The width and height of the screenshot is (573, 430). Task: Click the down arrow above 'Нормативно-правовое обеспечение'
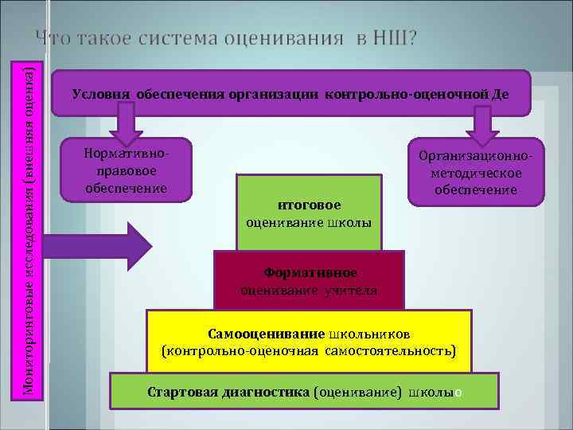pos(124,123)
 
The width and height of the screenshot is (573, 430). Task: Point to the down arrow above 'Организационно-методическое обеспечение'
pos(480,123)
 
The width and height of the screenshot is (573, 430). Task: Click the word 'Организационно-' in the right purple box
pos(476,158)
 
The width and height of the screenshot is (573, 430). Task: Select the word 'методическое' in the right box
pos(476,174)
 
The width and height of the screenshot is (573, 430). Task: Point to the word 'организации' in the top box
pos(274,93)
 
